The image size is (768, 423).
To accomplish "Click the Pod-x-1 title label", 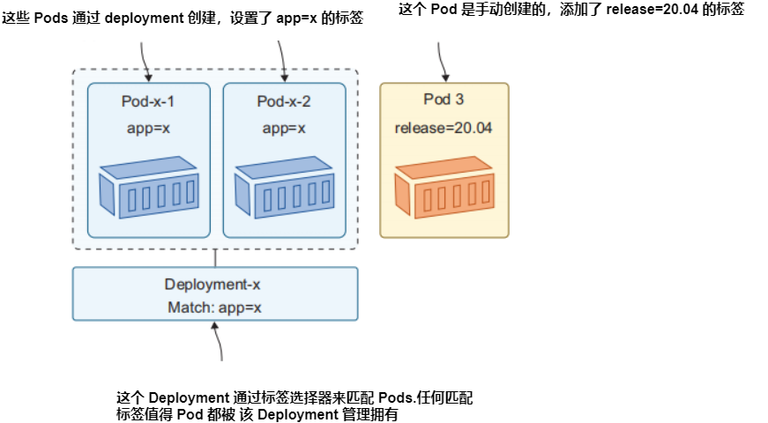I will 147,101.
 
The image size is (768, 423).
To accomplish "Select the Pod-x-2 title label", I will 283,101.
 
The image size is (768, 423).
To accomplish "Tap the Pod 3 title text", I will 444,99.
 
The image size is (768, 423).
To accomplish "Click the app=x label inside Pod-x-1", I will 148,128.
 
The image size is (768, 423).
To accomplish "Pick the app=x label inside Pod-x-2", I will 283,128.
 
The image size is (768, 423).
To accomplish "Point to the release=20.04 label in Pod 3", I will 444,128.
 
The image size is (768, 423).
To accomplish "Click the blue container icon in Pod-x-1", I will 147,187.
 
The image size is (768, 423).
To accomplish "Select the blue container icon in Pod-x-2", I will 283,187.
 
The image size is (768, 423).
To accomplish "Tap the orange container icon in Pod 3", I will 444,187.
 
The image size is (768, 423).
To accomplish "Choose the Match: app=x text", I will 214,308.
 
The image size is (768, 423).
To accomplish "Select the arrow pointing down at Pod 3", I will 442,62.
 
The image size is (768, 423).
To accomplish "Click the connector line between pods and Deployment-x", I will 216,258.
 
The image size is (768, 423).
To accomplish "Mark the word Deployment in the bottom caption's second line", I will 298,414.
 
